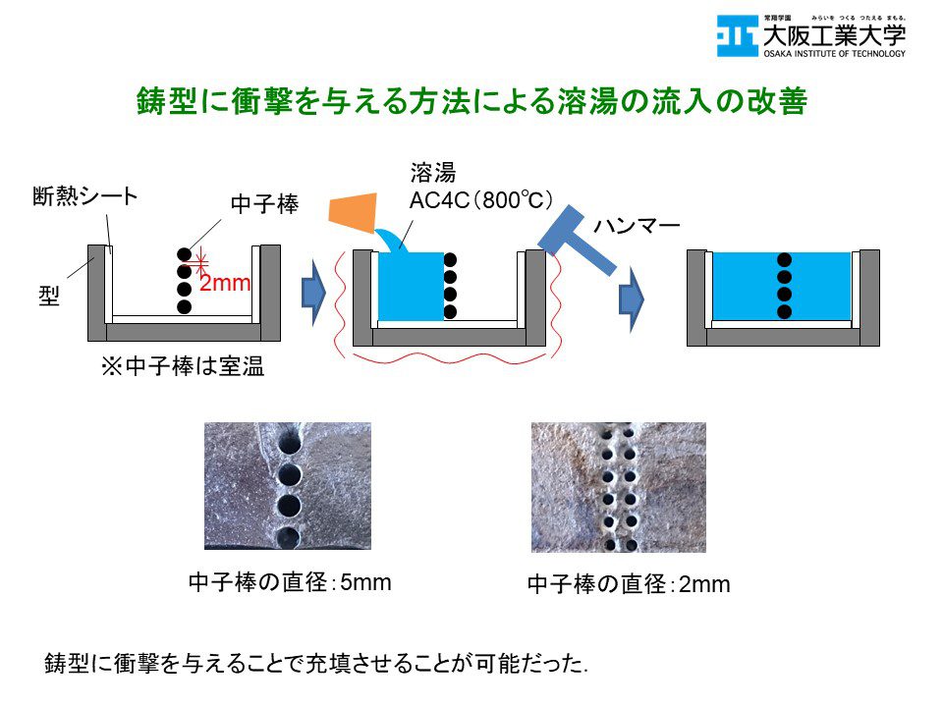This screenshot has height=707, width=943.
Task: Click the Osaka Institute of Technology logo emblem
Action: (x=737, y=36)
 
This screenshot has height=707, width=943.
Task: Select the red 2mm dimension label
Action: (x=225, y=284)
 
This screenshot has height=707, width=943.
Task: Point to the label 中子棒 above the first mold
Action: (x=263, y=204)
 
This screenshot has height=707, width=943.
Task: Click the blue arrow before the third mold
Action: (x=631, y=294)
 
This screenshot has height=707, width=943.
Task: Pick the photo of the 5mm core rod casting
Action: (x=287, y=485)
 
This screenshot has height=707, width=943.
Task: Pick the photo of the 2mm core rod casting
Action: (x=618, y=487)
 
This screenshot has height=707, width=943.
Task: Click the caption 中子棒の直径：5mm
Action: (x=289, y=583)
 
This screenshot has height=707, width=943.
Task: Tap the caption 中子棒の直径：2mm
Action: (x=629, y=586)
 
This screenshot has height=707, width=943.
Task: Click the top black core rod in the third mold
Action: (x=784, y=259)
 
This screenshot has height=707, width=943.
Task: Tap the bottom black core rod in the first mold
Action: (x=184, y=307)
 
